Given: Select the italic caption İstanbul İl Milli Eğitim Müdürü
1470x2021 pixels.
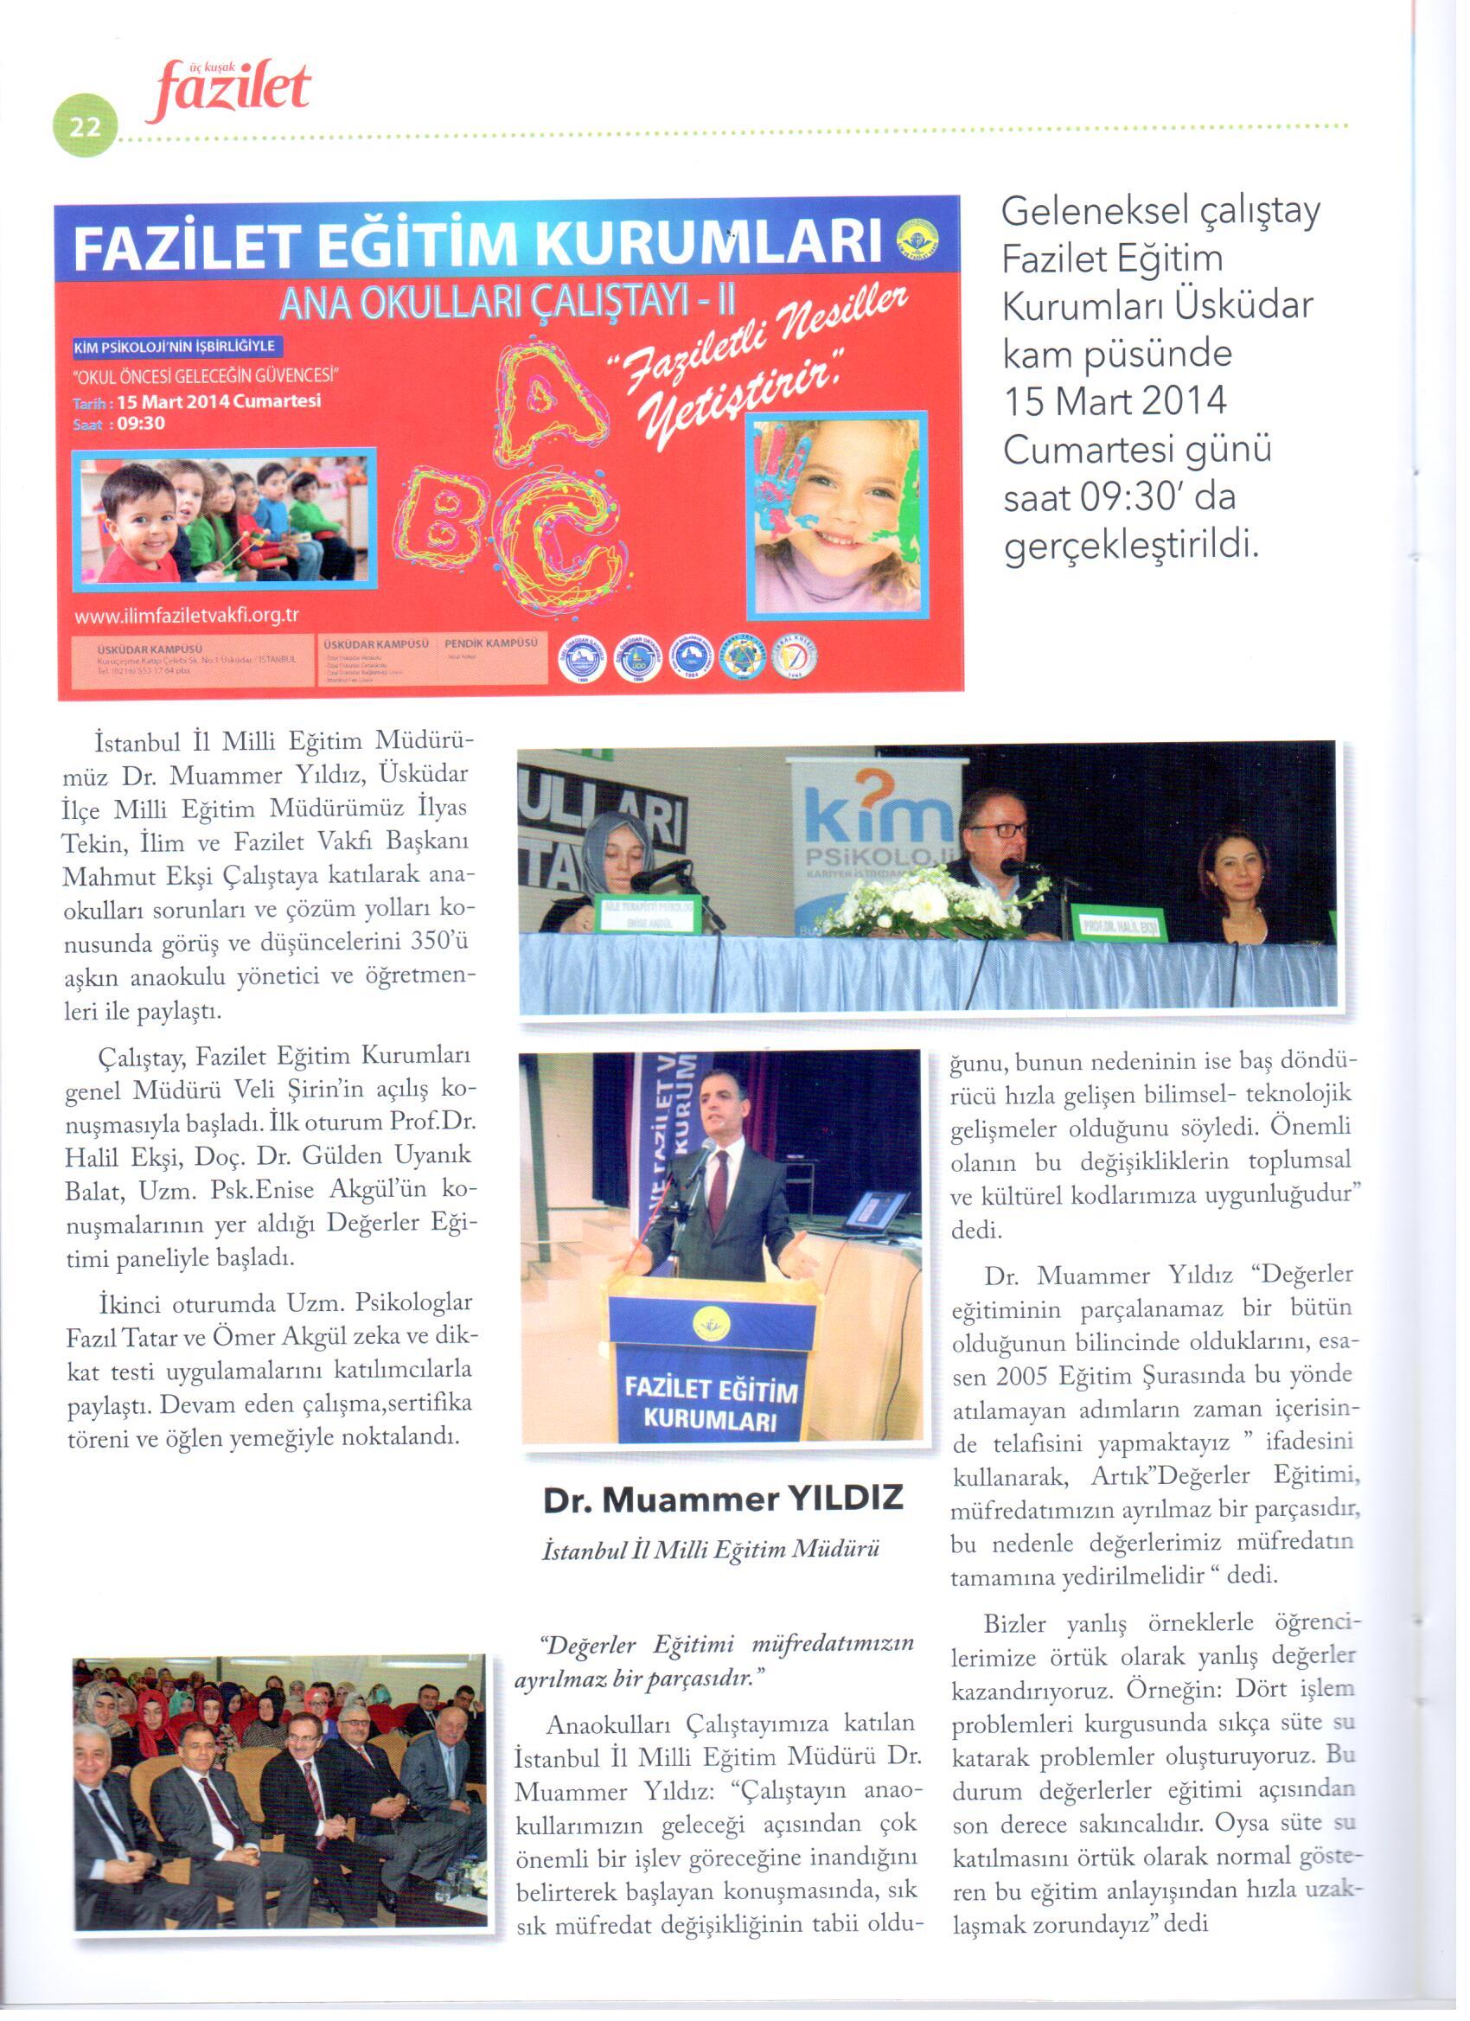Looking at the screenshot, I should point(711,1551).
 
